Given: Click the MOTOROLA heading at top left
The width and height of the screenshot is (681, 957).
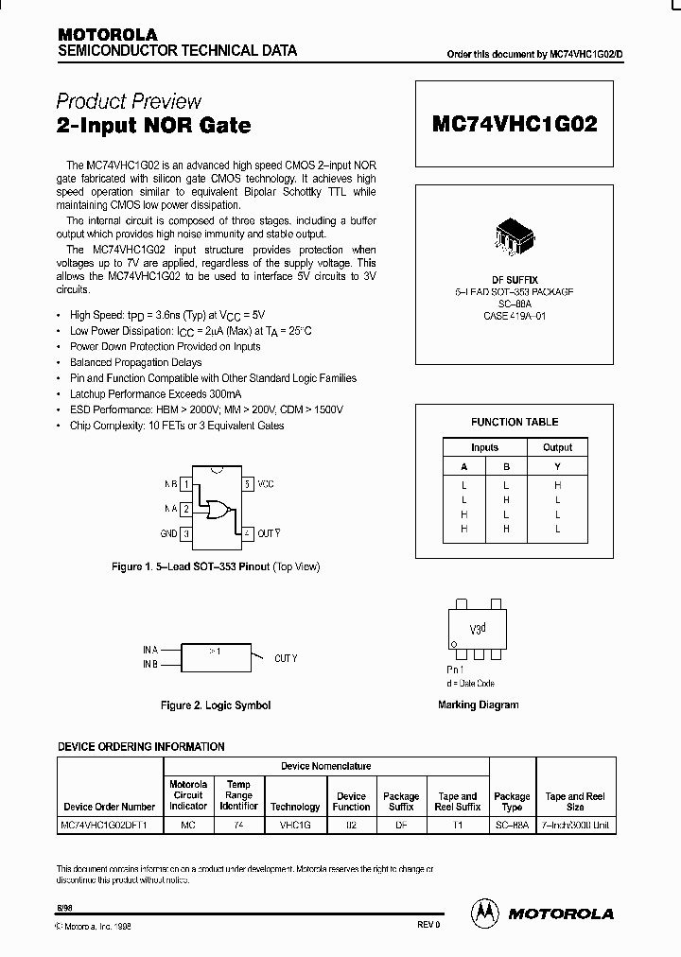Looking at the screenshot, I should (106, 34).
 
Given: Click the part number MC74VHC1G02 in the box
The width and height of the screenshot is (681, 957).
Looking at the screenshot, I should (515, 124).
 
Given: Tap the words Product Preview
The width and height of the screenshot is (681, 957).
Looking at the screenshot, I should (129, 101).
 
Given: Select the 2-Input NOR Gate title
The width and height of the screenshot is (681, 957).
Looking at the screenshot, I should (153, 125).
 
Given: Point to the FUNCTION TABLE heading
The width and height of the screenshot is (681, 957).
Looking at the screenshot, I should (515, 422).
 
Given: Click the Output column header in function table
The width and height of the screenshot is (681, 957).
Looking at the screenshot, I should (557, 447).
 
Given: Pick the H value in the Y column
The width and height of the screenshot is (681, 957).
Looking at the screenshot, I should (557, 483).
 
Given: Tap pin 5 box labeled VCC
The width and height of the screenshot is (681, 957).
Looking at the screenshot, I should (248, 484).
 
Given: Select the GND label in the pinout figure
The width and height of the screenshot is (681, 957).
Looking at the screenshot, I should (169, 533).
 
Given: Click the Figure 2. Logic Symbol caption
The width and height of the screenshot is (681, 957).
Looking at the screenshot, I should (216, 705).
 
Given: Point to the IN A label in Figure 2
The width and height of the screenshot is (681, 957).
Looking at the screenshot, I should (150, 651).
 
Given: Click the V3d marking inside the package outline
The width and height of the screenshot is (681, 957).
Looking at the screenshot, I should (479, 628).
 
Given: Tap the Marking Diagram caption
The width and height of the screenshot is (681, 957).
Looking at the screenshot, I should (479, 705).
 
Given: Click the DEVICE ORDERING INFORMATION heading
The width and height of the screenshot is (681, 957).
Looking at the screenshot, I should (142, 746).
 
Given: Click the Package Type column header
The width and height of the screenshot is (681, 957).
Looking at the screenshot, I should (512, 802).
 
